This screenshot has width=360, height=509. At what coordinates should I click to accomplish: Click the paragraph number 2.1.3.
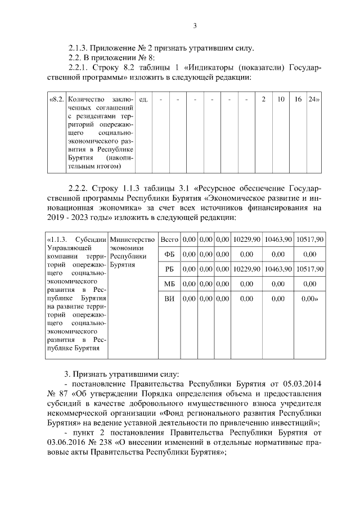78,48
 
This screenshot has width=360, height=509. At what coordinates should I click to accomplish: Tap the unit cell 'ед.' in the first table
143,100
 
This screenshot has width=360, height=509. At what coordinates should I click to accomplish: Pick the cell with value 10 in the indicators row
281,100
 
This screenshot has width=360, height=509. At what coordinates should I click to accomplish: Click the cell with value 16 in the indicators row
298,100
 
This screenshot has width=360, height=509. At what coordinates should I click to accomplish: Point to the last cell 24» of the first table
313,100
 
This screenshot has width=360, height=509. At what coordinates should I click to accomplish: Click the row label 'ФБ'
169,254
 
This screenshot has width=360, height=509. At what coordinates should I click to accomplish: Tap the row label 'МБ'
169,284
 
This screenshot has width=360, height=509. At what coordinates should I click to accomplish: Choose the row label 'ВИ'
169,299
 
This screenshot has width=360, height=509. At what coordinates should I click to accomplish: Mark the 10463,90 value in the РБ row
278,269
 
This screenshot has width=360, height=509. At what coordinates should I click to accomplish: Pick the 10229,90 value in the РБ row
246,269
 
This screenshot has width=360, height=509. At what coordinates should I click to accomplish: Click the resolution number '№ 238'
105,443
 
